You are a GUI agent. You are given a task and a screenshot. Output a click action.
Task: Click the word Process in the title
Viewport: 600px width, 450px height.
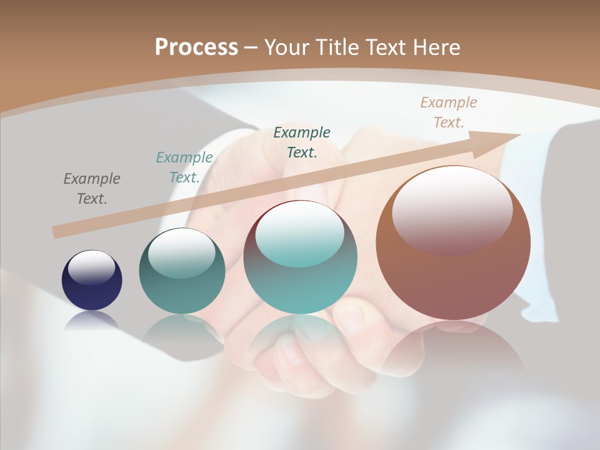[196, 47]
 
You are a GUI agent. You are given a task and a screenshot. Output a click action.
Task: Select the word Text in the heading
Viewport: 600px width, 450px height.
[385, 47]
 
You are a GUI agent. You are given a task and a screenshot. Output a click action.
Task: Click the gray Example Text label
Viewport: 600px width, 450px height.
[92, 189]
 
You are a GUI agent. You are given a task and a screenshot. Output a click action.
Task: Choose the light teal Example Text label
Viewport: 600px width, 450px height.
[184, 167]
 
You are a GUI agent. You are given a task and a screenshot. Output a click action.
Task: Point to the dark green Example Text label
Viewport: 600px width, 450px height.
[302, 142]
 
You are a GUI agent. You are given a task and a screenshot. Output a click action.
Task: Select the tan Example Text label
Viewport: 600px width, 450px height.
[449, 112]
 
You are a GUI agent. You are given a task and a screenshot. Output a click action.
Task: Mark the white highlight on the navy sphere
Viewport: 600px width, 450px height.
[92, 267]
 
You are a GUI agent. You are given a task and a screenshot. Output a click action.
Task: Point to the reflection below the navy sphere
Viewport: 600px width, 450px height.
[92, 320]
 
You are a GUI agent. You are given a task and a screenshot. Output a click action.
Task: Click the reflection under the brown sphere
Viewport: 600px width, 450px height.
[453, 350]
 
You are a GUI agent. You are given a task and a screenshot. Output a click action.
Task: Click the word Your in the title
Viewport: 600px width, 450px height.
[287, 47]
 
